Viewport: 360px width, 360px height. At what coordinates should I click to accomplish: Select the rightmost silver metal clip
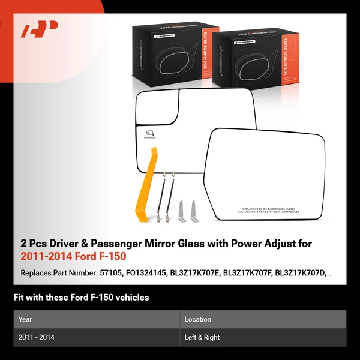tap(193, 210)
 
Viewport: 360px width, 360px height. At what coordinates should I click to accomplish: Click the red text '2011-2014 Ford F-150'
tap(65, 256)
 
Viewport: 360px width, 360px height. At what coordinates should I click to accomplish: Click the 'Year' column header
tap(25, 319)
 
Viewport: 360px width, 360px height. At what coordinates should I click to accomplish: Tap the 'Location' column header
tap(198, 319)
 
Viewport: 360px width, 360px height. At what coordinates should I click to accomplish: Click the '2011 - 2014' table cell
tap(37, 337)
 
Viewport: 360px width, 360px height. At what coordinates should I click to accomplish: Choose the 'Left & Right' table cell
tap(202, 337)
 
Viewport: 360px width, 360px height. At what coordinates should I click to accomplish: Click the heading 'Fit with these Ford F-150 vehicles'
tap(81, 297)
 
